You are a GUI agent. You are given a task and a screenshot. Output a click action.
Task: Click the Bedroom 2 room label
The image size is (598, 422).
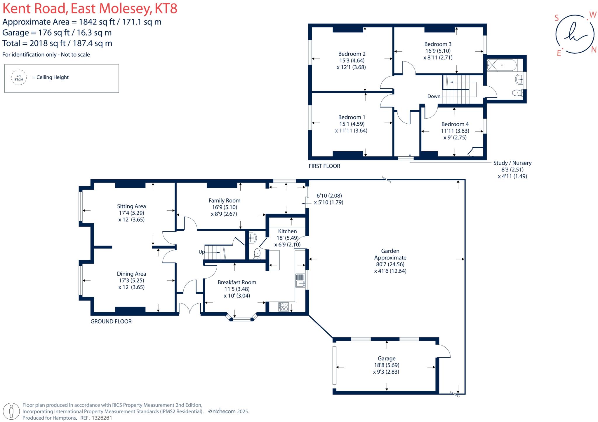(352, 54)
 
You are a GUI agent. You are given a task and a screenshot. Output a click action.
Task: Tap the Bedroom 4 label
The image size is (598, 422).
(455, 124)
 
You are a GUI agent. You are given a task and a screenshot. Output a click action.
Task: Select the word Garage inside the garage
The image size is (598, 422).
(387, 358)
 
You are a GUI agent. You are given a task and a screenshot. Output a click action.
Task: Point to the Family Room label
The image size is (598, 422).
(224, 201)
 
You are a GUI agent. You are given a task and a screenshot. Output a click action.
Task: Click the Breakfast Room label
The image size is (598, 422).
(237, 282)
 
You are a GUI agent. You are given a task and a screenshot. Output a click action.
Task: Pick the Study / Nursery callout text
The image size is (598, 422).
(512, 163)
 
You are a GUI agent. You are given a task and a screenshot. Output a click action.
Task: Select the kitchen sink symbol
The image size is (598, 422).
(300, 281)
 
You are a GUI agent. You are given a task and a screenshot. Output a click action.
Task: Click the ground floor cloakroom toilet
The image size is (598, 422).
(257, 254)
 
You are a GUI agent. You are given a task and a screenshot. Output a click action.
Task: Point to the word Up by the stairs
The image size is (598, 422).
(201, 252)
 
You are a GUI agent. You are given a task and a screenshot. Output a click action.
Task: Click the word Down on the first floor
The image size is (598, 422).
(434, 97)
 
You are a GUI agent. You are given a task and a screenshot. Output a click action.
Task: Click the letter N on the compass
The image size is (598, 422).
(594, 50)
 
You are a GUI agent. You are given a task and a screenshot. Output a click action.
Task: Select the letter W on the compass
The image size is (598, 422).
(593, 15)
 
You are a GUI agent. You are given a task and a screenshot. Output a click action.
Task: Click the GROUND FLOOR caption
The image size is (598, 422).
(111, 321)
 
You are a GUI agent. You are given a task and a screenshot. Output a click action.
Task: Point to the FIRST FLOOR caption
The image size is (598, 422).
(324, 166)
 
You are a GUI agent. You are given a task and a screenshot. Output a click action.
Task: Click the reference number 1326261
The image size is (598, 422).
(102, 418)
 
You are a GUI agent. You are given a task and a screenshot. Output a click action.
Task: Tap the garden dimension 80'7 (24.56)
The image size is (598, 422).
(390, 265)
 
